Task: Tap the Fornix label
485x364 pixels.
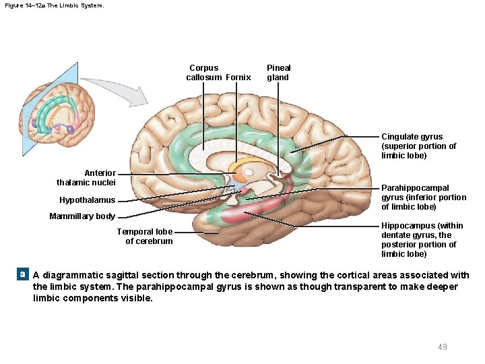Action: pyautogui.click(x=238, y=77)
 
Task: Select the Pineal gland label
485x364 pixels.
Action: pyautogui.click(x=278, y=72)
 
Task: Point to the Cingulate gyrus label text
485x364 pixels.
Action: pyautogui.click(x=418, y=146)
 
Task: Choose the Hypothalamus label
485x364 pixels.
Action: pyautogui.click(x=87, y=200)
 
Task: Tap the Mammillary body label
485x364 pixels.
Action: pyautogui.click(x=82, y=216)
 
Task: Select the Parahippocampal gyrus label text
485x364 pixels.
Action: pyautogui.click(x=423, y=197)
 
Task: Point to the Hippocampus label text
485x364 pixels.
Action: pyautogui.click(x=422, y=239)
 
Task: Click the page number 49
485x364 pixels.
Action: pyautogui.click(x=442, y=346)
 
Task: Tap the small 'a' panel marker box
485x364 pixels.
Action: pyautogui.click(x=22, y=274)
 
